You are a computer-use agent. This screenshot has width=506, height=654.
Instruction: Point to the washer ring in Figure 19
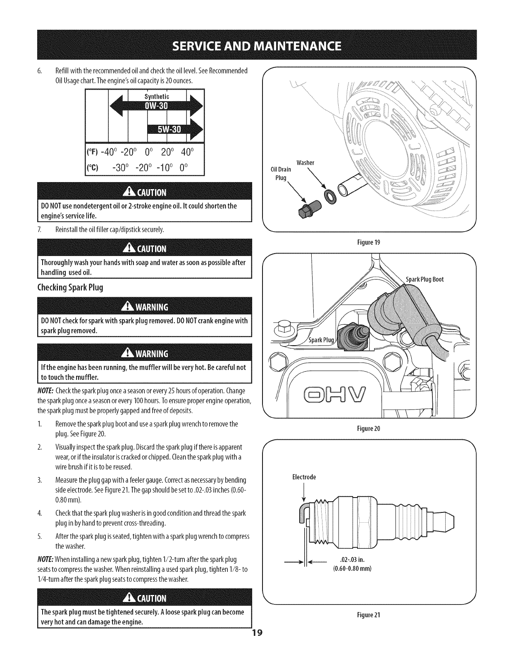click(x=331, y=197)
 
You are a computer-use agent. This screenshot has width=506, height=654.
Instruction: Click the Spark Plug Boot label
click(x=425, y=279)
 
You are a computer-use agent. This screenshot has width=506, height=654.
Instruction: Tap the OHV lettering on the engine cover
click(x=337, y=394)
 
